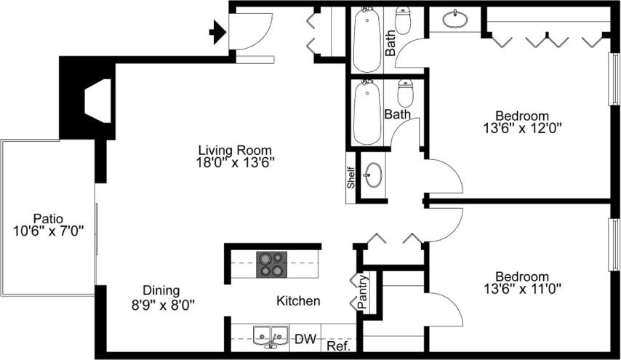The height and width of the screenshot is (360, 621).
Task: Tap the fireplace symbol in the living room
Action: coord(97,101)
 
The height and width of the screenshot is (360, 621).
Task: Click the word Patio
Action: coord(48,218)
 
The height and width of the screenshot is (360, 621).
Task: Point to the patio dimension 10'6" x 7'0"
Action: coord(49,231)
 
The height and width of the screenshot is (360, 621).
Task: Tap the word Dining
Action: coord(161,289)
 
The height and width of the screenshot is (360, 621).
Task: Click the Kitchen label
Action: coord(298,300)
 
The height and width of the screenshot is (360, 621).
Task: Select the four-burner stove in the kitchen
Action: coord(271,263)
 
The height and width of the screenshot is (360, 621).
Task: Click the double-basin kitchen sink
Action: coord(270,336)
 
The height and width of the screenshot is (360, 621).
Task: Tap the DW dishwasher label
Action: coord(305,339)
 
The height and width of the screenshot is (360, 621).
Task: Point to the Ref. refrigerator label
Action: coord(339,347)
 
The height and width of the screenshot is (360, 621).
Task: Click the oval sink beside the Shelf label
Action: coord(374,175)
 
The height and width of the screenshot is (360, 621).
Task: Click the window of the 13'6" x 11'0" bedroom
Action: coord(614,245)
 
